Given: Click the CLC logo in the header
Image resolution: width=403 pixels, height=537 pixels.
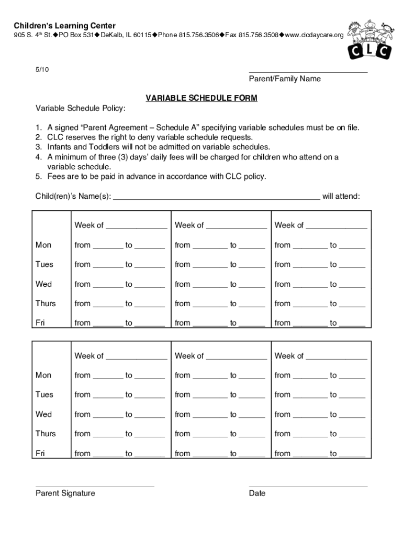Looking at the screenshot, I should (x=369, y=40).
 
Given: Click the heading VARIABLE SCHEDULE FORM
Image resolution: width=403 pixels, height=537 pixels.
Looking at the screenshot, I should (x=201, y=98).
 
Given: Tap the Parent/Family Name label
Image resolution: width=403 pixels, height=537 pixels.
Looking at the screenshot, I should (x=284, y=79).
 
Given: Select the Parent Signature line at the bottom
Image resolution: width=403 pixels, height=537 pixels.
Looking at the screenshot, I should (x=95, y=486).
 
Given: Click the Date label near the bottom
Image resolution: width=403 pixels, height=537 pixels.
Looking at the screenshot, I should (x=257, y=493).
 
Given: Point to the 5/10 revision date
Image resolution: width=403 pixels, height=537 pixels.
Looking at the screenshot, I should (x=42, y=69).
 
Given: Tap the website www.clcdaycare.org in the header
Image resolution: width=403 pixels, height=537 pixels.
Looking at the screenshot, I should (x=315, y=35).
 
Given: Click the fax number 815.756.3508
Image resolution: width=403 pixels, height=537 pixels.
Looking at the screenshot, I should (x=258, y=35).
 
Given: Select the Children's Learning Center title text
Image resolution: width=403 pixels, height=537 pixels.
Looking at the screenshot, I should (x=65, y=26).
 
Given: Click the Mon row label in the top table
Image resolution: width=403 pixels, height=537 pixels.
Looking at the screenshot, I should (x=43, y=245).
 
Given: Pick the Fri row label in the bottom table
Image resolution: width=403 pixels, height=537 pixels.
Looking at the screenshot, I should (x=40, y=453).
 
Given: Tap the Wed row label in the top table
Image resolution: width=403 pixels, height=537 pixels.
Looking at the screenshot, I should (x=43, y=284).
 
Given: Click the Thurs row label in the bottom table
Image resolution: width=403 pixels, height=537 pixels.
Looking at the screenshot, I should (x=46, y=434).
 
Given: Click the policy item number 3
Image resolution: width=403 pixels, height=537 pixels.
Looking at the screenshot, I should (x=38, y=147).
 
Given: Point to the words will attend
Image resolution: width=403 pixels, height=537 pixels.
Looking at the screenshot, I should (x=341, y=196).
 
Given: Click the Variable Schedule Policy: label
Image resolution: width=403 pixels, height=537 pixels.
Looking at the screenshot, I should (x=80, y=108).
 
